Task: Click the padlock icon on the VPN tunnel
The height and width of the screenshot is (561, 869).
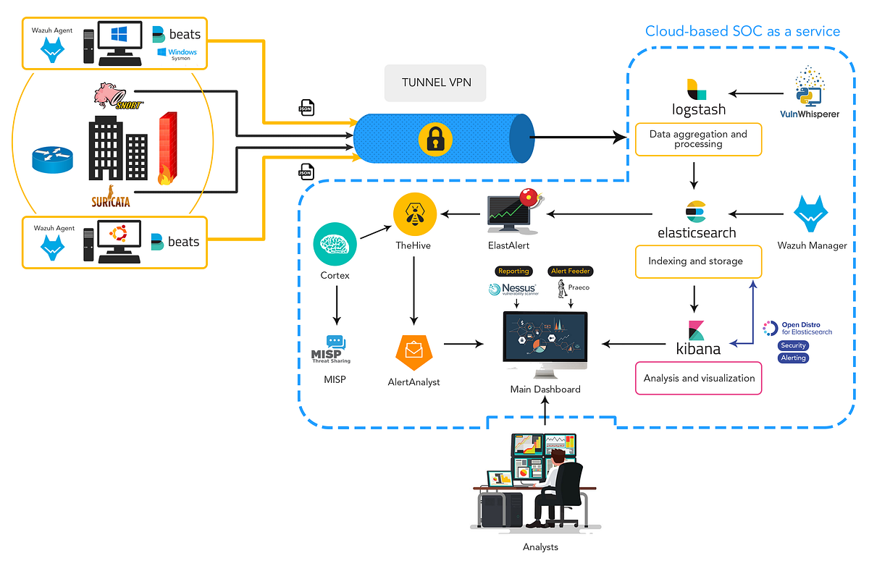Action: [434, 138]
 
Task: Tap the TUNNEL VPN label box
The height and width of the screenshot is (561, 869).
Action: [436, 83]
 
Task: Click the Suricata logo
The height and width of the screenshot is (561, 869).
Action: [111, 196]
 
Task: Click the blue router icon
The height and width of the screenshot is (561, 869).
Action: [53, 158]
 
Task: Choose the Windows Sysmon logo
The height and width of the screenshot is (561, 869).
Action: [177, 54]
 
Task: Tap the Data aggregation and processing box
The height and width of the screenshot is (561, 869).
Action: [698, 139]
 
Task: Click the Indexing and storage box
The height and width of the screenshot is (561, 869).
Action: [698, 261]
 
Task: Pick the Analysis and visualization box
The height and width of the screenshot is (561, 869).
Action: [698, 378]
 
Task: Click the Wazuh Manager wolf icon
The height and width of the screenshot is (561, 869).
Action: [811, 214]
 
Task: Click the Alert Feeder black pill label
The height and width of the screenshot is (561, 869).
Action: [571, 271]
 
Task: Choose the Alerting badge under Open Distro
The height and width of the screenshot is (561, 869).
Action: [793, 358]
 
